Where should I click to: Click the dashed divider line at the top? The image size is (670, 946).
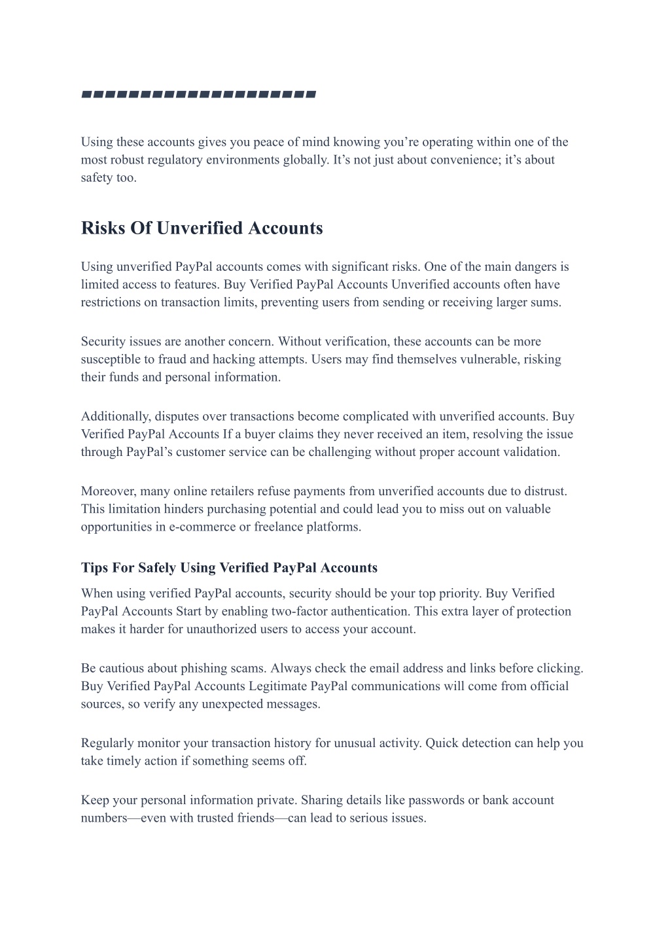click(x=198, y=95)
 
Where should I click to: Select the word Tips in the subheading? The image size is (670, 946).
click(x=94, y=568)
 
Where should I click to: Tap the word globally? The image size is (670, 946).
click(x=306, y=160)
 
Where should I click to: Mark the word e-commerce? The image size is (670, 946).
click(x=202, y=527)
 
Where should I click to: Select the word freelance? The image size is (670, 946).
click(x=278, y=527)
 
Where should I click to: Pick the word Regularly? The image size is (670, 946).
click(x=107, y=743)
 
